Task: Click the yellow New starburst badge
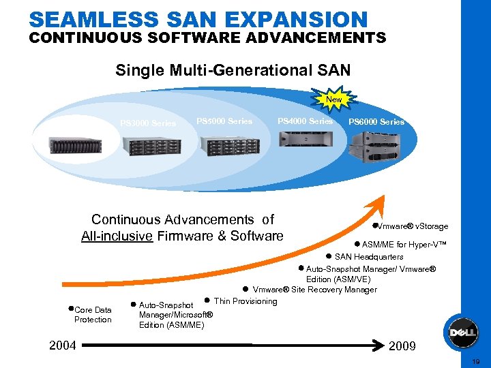333,99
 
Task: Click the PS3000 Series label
148,123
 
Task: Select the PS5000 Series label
224,121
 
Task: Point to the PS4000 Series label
305,121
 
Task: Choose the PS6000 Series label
376,122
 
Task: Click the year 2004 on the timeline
63,346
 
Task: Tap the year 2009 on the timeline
402,346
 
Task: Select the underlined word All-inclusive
115,236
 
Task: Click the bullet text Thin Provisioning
245,301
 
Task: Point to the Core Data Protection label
93,315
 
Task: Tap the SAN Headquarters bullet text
369,257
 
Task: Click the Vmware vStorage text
413,226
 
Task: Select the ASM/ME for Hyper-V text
404,245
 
